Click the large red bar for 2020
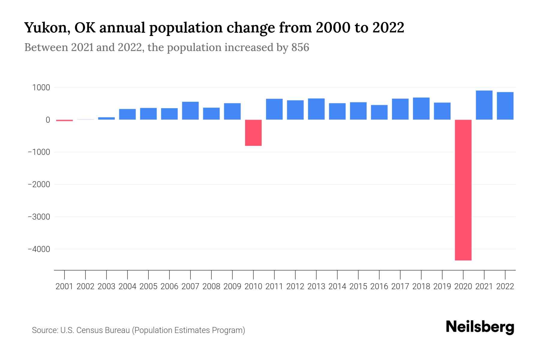click(x=463, y=190)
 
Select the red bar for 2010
click(x=253, y=133)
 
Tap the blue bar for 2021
click(x=484, y=105)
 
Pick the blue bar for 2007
click(x=190, y=111)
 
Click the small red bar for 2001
click(x=64, y=120)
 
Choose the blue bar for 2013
click(x=316, y=109)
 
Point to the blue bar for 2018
click(x=421, y=109)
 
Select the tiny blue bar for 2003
click(x=106, y=118)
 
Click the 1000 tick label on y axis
click(x=41, y=88)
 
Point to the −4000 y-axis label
click(x=39, y=249)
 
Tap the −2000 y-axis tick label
click(x=39, y=184)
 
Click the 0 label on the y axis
click(x=48, y=120)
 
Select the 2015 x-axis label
click(x=358, y=286)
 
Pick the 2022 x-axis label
click(x=505, y=286)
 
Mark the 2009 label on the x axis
click(x=232, y=286)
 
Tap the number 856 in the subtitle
click(x=300, y=47)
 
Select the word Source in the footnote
click(x=44, y=330)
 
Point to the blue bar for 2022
click(x=505, y=106)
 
